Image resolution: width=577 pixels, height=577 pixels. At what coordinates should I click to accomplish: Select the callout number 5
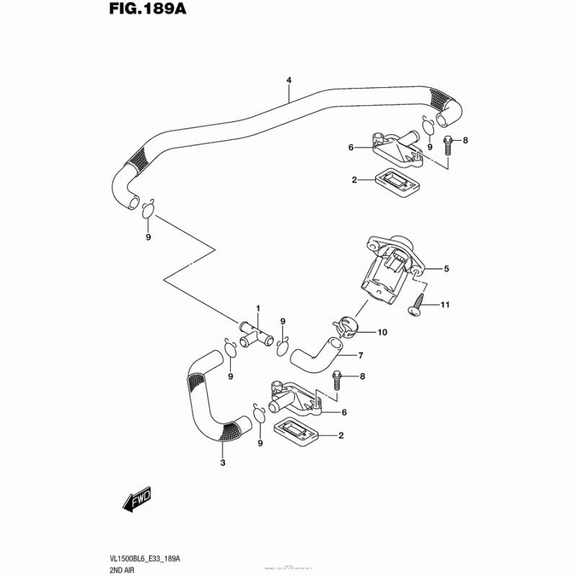coord(446,269)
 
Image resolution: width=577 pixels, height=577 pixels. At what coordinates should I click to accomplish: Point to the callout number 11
coord(445,305)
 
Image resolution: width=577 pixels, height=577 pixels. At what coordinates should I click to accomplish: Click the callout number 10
coord(382,332)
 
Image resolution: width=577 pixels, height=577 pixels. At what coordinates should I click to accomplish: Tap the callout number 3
coord(223,462)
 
